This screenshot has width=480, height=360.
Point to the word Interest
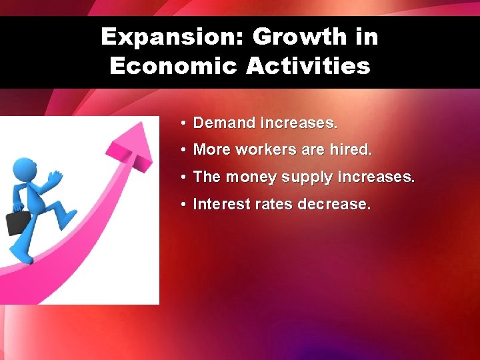[x=219, y=204]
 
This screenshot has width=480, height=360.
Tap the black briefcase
[x=17, y=221]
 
